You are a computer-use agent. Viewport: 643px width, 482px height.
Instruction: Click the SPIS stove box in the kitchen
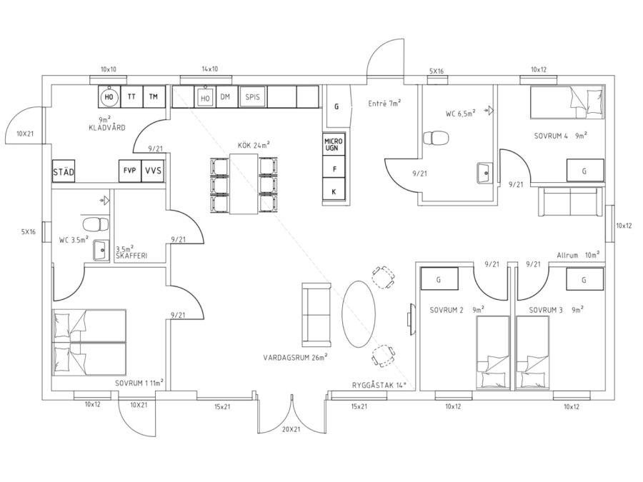click(253, 97)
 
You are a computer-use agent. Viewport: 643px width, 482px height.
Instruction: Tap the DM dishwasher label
click(225, 96)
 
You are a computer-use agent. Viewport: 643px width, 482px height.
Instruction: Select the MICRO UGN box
click(334, 144)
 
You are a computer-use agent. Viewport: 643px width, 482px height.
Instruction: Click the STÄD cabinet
click(64, 171)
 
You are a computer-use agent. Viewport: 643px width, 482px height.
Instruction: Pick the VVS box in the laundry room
click(153, 171)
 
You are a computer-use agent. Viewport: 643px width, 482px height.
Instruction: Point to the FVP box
click(130, 171)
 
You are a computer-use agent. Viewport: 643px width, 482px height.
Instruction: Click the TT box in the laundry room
click(131, 96)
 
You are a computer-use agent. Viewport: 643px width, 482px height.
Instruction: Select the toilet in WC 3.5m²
click(96, 225)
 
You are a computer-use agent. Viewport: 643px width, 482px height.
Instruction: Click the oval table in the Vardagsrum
click(359, 313)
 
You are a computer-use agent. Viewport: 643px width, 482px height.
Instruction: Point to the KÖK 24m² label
click(254, 145)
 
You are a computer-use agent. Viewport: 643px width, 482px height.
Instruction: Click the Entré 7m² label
click(384, 104)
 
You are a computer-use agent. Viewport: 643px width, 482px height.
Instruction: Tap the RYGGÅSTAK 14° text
click(379, 385)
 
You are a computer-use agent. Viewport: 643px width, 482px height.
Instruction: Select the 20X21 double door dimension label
click(291, 429)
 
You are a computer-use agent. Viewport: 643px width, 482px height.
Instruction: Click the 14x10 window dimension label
click(209, 69)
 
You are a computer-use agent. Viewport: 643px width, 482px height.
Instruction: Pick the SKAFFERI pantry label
click(131, 256)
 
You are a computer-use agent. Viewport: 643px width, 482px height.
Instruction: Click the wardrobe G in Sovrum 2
click(439, 279)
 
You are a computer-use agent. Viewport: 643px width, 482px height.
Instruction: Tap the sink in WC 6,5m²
click(485, 173)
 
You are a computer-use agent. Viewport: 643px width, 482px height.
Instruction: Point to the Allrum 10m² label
click(578, 255)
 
